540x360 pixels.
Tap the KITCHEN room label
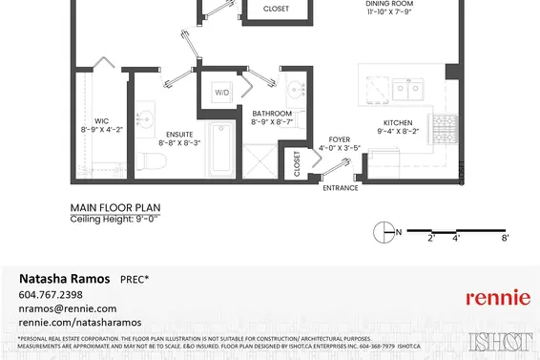[x=397, y=123]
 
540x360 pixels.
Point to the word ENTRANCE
[x=340, y=188]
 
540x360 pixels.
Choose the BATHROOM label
[x=273, y=114]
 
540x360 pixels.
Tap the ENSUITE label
[x=177, y=133]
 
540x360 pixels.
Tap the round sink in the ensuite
[x=146, y=118]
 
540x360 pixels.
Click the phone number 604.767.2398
[x=51, y=294]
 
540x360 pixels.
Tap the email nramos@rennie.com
[x=68, y=308]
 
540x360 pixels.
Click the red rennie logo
[x=497, y=298]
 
